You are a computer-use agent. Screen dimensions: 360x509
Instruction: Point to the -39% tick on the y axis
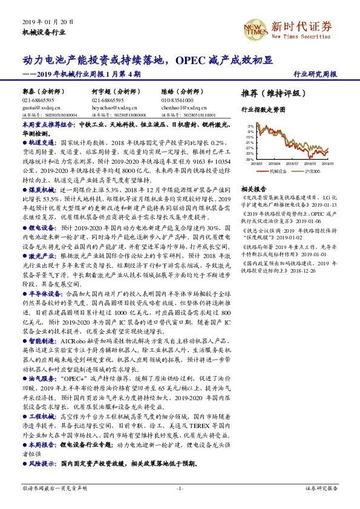click(x=250, y=159)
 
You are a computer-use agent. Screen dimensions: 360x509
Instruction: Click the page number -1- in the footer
click(x=180, y=488)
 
